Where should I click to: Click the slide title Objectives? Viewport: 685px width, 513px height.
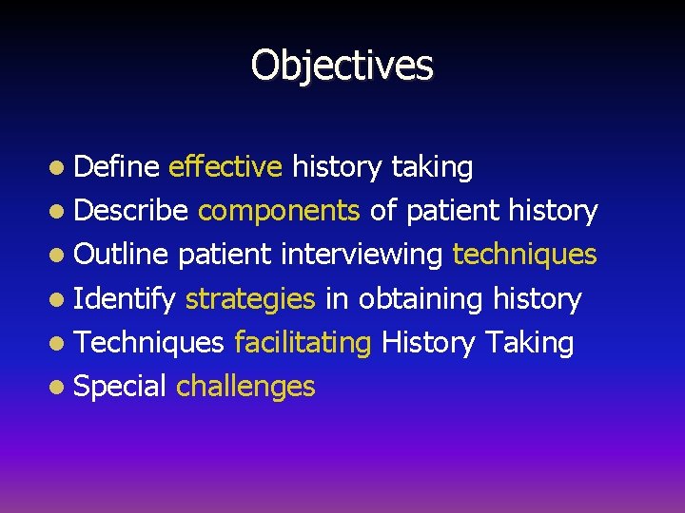(342, 65)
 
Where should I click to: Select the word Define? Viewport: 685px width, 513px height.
(115, 167)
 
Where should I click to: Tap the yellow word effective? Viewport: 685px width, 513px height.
(225, 167)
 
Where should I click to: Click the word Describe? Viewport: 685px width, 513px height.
(130, 211)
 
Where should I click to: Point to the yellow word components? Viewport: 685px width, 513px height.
(278, 211)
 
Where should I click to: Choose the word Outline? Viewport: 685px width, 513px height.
(121, 255)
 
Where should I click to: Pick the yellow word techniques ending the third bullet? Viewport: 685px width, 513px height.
(524, 255)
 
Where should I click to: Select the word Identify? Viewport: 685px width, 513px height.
(125, 299)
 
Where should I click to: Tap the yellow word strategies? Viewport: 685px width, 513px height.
(250, 299)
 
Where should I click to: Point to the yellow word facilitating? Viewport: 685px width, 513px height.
(303, 343)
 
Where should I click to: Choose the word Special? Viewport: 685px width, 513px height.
(120, 387)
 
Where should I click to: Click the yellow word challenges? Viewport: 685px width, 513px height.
(245, 387)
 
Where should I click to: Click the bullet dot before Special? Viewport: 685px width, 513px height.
(59, 388)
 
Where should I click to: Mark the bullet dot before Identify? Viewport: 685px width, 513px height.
(59, 300)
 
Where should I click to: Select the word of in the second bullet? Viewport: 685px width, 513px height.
(382, 211)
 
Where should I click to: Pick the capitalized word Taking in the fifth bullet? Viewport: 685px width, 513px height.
(529, 343)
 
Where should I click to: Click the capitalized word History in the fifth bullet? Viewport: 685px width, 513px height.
(428, 343)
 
